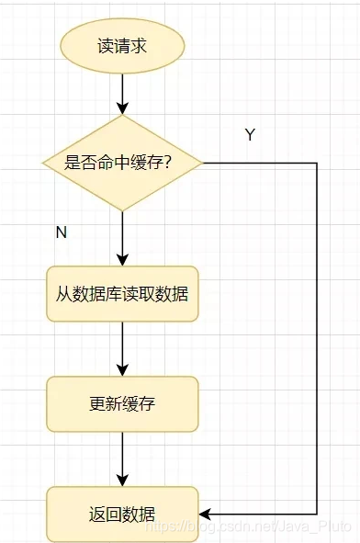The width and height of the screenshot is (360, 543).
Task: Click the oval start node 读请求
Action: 122,46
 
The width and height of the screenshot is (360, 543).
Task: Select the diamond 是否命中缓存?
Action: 122,163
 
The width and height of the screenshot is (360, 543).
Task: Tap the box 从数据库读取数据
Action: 122,294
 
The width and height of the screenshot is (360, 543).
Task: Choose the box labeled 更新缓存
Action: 122,403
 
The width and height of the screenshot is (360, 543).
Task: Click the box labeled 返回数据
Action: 122,513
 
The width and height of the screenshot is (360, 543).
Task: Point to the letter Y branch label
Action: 250,135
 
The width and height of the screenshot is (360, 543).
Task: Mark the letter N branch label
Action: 62,232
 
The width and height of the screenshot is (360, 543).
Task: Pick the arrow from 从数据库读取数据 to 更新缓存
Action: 122,349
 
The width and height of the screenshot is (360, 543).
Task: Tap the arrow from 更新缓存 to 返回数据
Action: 122,458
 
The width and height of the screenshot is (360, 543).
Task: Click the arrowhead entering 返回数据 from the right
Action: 206,514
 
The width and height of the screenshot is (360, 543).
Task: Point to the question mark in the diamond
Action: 173,164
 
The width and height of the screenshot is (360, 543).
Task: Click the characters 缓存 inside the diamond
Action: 152,164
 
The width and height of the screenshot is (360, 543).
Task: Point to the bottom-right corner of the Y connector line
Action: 317,514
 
